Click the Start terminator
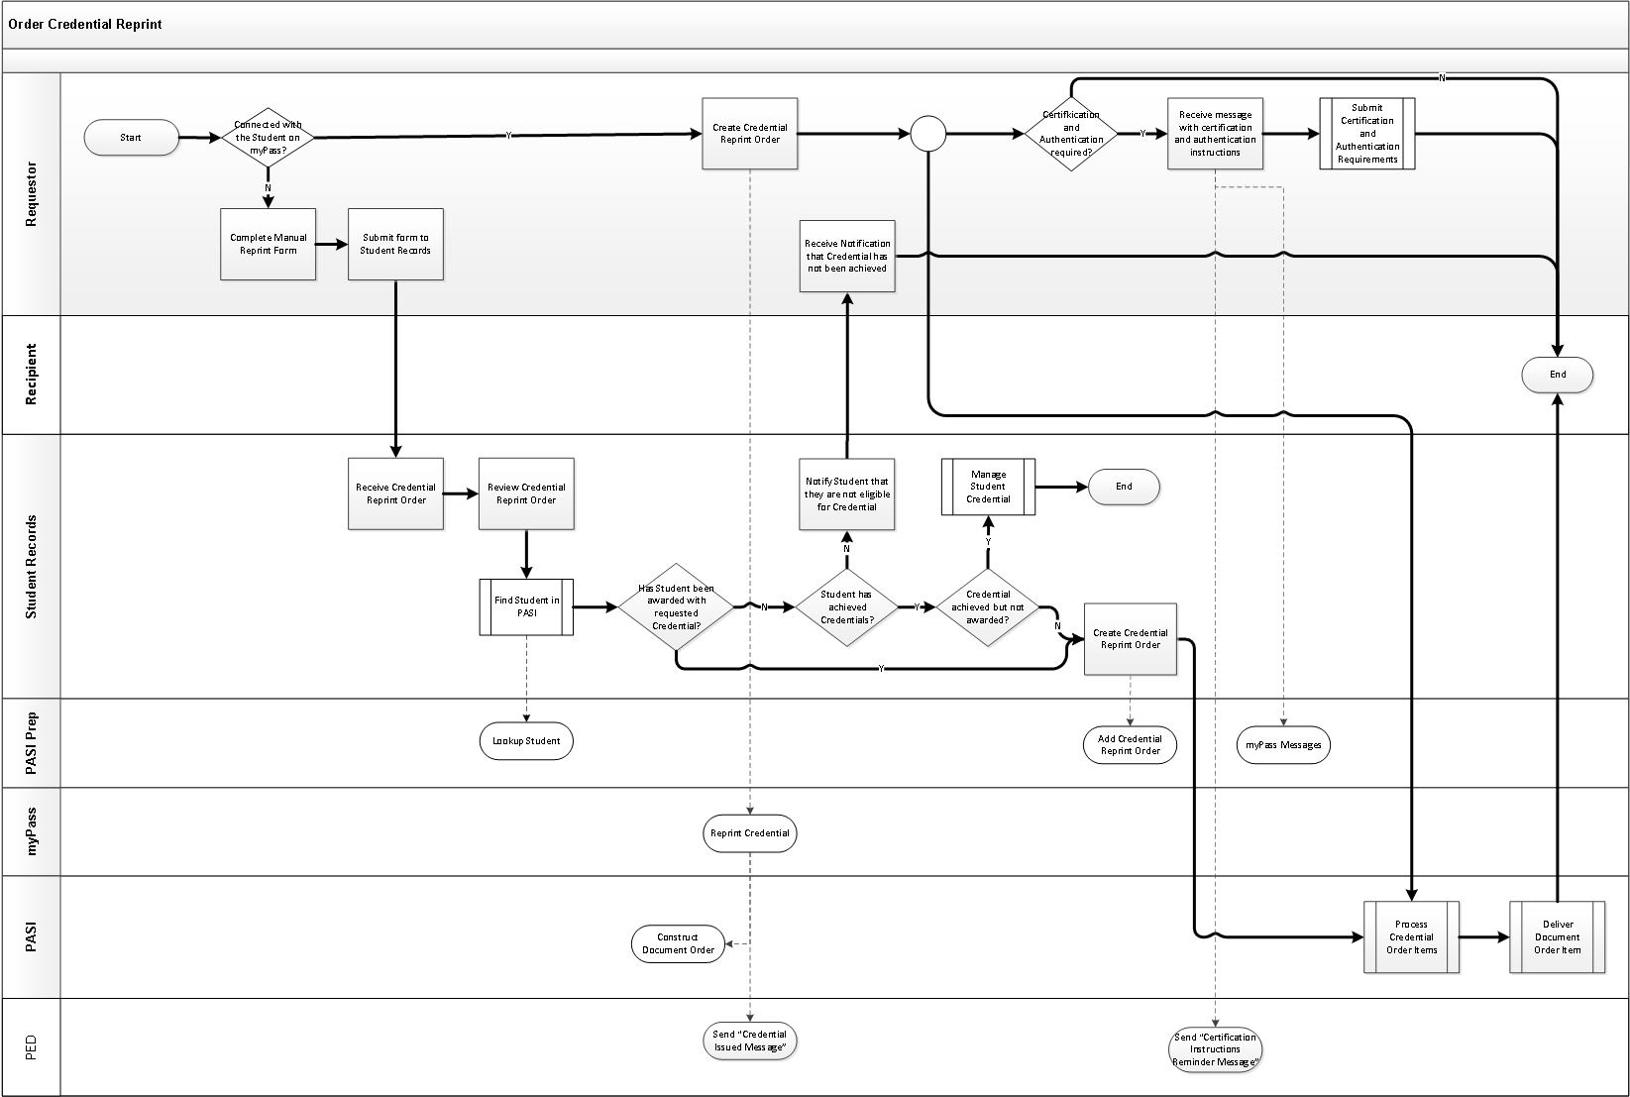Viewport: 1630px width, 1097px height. point(131,138)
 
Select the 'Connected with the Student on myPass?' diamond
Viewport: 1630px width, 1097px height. point(268,138)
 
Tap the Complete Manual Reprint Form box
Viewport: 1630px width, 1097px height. point(268,244)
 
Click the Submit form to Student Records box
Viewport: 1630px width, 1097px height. point(395,244)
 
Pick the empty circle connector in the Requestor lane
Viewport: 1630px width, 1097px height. point(927,134)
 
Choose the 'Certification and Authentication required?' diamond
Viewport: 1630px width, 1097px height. point(1071,134)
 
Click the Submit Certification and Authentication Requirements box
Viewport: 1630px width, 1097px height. point(1366,134)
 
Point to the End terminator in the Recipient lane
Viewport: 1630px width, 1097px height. point(1557,375)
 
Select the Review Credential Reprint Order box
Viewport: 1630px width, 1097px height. point(526,494)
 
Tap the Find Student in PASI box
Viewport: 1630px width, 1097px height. point(526,606)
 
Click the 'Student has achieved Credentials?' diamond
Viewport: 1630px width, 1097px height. point(846,606)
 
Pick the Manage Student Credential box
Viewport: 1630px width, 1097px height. point(988,487)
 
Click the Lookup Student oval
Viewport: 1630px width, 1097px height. point(526,741)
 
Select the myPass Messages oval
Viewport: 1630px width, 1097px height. point(1283,745)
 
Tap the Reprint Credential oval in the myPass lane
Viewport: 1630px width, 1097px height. point(749,833)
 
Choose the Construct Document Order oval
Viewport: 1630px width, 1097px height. point(678,943)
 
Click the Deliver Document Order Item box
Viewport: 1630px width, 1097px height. point(1557,937)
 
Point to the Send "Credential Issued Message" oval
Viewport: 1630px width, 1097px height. point(749,1041)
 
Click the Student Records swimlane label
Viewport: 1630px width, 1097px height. point(31,567)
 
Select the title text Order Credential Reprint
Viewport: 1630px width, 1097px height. point(85,24)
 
